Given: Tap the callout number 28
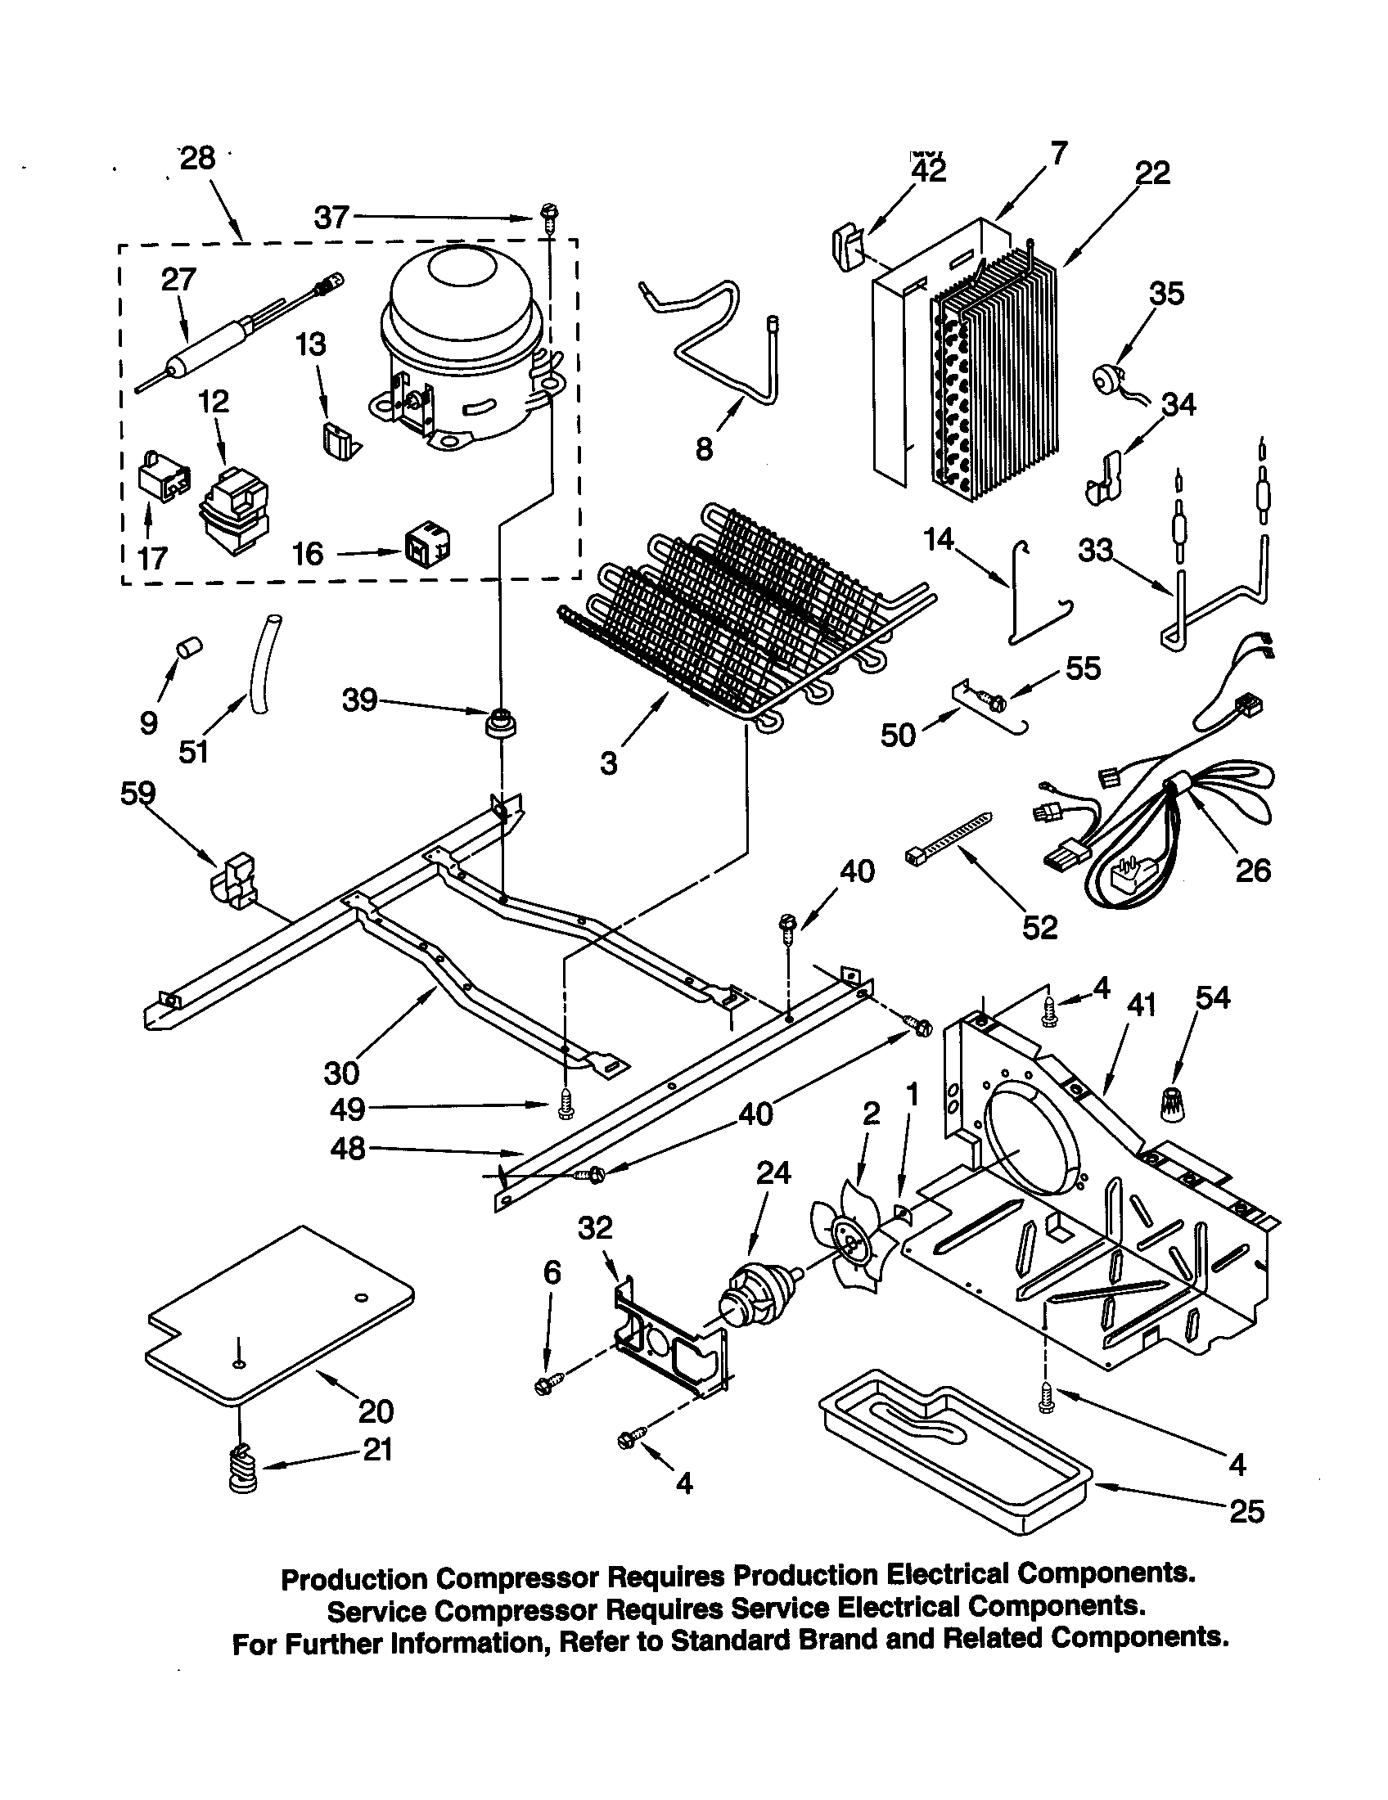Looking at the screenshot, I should coord(198,157).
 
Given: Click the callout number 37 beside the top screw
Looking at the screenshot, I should coord(332,218).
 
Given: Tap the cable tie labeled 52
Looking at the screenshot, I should coord(948,839).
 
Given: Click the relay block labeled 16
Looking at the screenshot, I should coord(426,546).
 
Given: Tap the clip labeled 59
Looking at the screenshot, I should coord(235,881).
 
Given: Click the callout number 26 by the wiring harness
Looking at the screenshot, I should coord(1252,871).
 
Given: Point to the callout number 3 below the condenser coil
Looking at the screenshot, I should coord(609,764).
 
